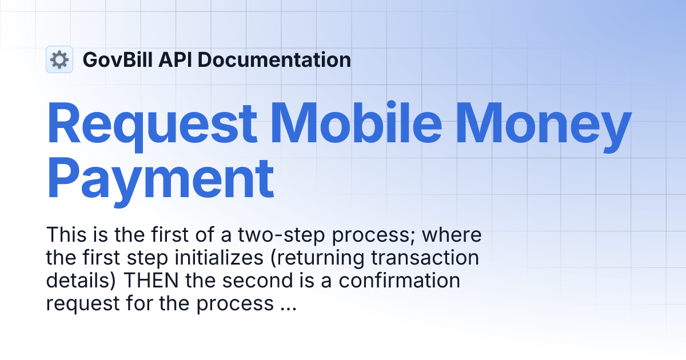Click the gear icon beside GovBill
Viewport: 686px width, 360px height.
click(59, 59)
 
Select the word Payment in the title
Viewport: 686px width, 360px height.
click(160, 178)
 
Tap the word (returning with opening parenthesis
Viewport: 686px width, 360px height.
click(296, 258)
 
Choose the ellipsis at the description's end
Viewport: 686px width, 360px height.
click(288, 303)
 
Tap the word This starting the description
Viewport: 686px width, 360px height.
click(65, 235)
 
